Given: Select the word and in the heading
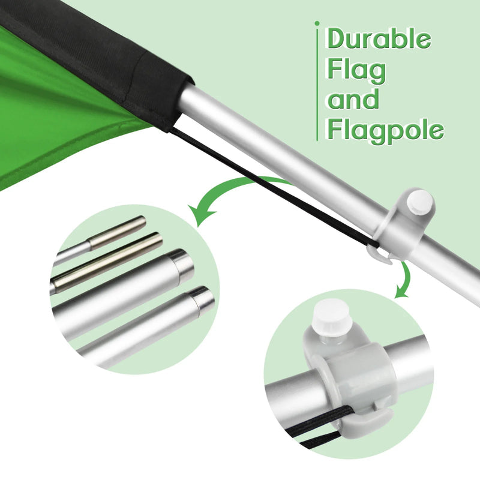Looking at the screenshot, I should coord(354,99).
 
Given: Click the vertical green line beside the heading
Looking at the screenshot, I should coord(317,84).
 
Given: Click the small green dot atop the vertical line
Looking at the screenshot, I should coord(317,23).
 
